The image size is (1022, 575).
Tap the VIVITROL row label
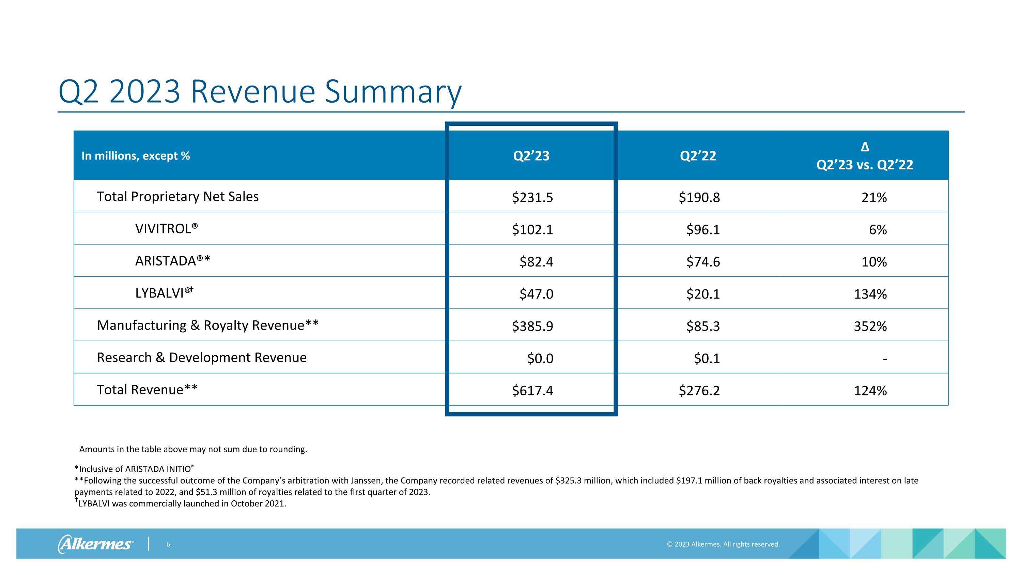click(166, 229)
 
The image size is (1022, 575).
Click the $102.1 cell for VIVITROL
click(532, 230)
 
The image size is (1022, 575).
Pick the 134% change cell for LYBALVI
click(870, 294)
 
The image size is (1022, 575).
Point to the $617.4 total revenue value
click(532, 391)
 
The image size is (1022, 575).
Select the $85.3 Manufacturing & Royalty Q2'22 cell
click(703, 326)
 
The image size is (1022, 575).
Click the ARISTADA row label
click(172, 261)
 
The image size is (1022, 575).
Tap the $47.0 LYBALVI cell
click(537, 294)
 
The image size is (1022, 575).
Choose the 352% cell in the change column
click(870, 326)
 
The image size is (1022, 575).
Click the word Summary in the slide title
click(393, 92)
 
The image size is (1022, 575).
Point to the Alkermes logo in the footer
click(95, 544)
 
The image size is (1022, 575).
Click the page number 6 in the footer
click(168, 544)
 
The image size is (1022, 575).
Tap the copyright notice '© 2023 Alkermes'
click(723, 544)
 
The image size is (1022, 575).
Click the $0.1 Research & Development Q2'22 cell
click(707, 358)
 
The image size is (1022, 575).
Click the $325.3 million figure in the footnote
click(581, 481)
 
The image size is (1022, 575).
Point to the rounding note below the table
click(193, 449)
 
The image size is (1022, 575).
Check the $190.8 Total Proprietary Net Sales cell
click(699, 197)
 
